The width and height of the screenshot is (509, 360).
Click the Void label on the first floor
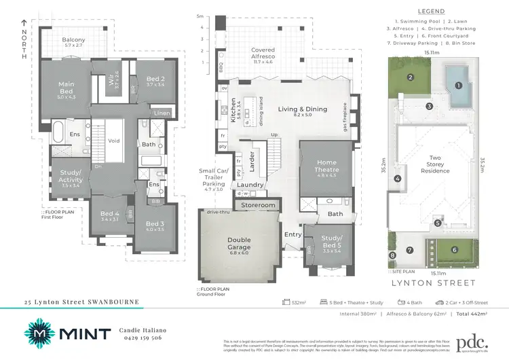[x=114, y=141]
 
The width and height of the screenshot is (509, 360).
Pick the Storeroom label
[x=259, y=204]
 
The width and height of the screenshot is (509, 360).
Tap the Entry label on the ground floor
[x=294, y=234]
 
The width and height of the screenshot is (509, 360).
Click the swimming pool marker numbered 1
[x=459, y=86]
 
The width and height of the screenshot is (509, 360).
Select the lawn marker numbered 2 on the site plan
[x=411, y=77]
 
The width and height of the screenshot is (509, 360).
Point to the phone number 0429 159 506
[x=142, y=338]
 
